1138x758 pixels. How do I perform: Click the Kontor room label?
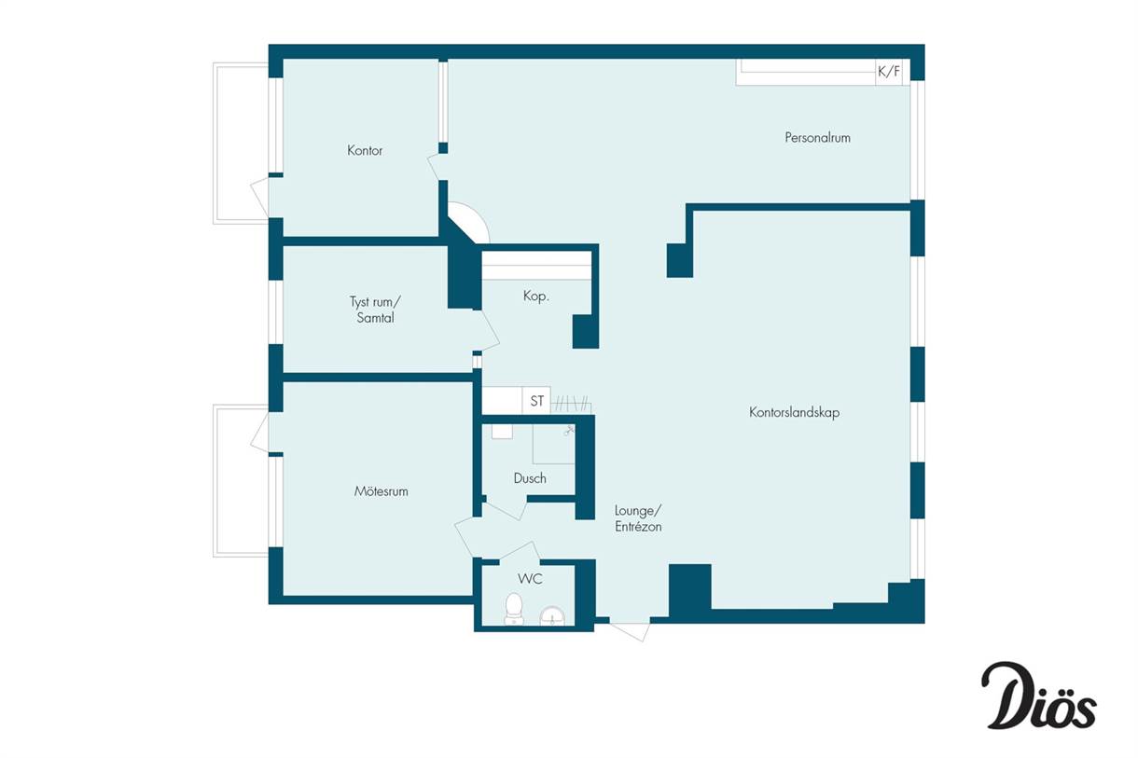365,150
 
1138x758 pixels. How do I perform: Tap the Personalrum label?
817,138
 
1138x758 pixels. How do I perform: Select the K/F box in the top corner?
889,72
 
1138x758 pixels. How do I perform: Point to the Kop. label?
536,296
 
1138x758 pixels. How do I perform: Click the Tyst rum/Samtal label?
375,310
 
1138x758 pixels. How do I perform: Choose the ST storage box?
536,401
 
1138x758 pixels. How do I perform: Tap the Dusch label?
530,478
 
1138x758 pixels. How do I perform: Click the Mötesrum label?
381,491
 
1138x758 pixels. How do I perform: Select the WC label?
530,579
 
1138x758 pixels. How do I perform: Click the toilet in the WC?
514,609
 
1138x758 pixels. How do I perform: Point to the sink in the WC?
552,616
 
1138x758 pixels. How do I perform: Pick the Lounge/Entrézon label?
638,518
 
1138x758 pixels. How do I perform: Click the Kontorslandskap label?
794,412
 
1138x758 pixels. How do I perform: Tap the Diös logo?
1039,696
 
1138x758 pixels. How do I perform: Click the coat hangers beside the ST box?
572,404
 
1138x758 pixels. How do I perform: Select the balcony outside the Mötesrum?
241,481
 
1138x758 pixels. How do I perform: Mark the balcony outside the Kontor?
241,144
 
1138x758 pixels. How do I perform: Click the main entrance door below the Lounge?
630,630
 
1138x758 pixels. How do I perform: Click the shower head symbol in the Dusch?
568,431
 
